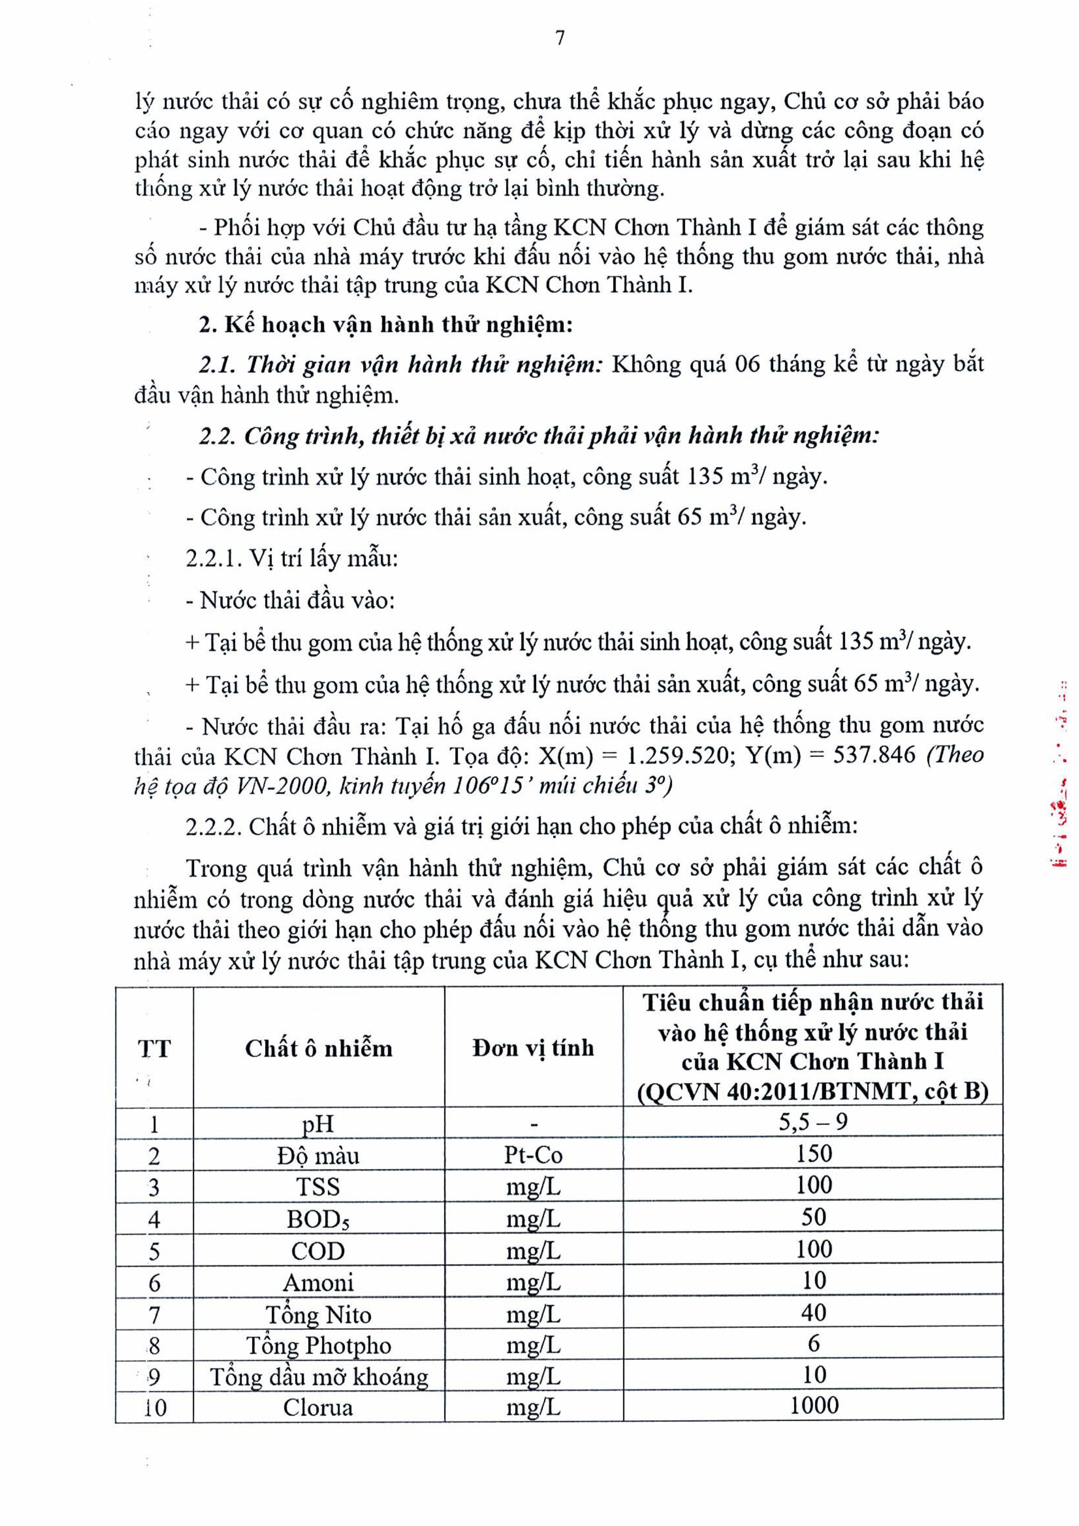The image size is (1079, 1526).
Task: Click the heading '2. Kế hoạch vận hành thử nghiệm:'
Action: tap(385, 325)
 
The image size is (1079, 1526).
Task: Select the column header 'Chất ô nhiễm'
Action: tap(318, 1048)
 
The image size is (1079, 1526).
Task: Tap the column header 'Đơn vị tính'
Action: tap(533, 1048)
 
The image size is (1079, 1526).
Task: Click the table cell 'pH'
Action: tap(318, 1124)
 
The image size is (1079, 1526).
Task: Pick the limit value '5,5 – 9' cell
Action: tap(813, 1122)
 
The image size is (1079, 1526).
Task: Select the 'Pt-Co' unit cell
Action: tap(533, 1155)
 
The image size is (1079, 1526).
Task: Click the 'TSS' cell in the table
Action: tap(318, 1187)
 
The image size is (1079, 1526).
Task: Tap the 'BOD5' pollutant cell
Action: tap(318, 1219)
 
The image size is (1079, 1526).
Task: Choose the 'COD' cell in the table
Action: tap(318, 1251)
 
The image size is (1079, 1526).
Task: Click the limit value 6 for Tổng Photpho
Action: tap(814, 1344)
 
